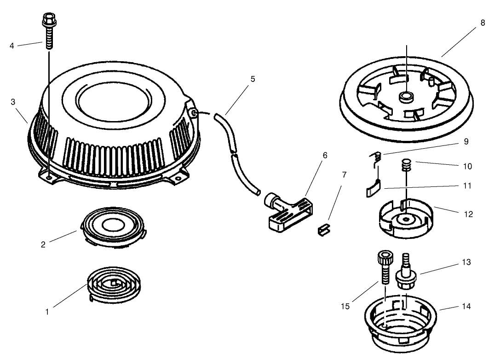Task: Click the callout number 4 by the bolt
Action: (x=12, y=46)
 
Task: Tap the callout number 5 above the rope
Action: (x=253, y=79)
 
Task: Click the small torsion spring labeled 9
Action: (x=377, y=158)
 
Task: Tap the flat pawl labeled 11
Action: (x=374, y=188)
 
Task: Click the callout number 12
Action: (x=468, y=215)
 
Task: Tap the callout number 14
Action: (x=466, y=307)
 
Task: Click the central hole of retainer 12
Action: (x=405, y=221)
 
